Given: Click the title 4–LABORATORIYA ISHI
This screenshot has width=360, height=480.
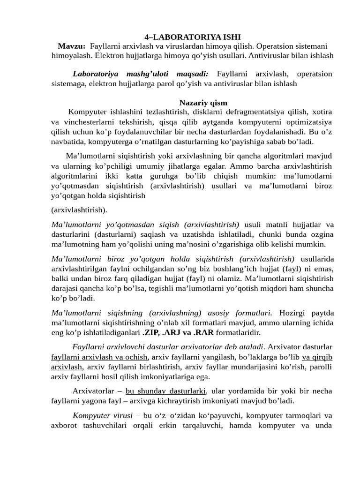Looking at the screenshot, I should (192, 37).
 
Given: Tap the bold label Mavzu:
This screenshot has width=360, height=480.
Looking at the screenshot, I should (71, 46).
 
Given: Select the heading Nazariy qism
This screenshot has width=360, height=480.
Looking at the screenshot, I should (203, 103).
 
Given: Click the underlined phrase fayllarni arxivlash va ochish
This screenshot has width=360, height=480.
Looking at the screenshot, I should (99, 357).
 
